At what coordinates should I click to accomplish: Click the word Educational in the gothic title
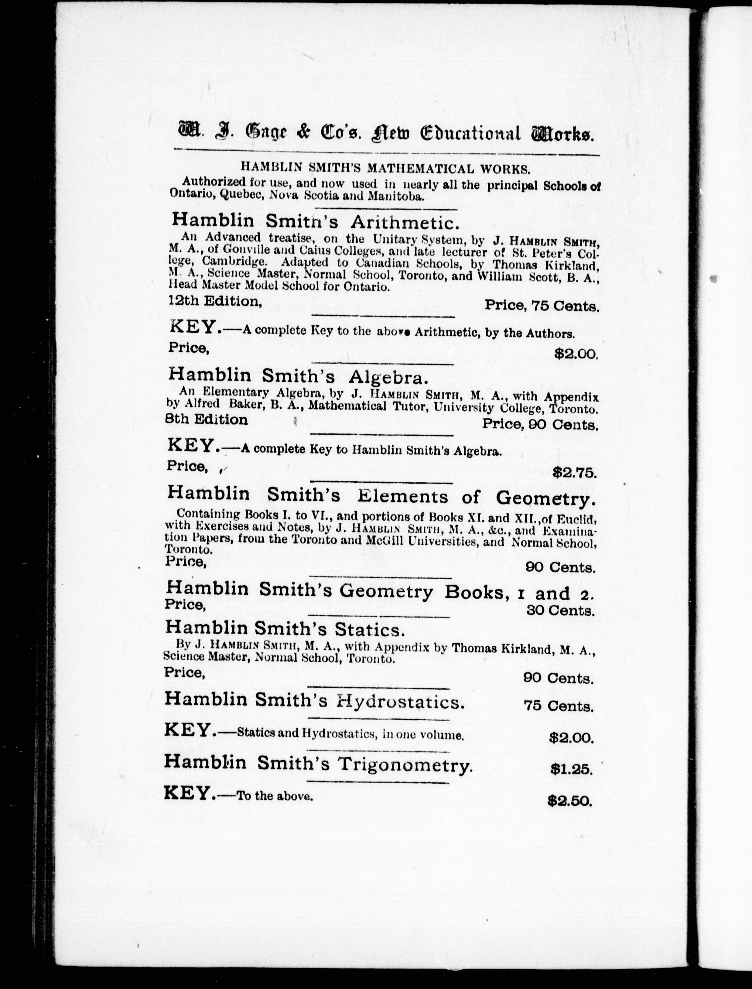470,133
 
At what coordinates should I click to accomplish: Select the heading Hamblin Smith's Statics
285,629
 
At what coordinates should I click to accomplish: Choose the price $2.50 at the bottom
570,800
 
